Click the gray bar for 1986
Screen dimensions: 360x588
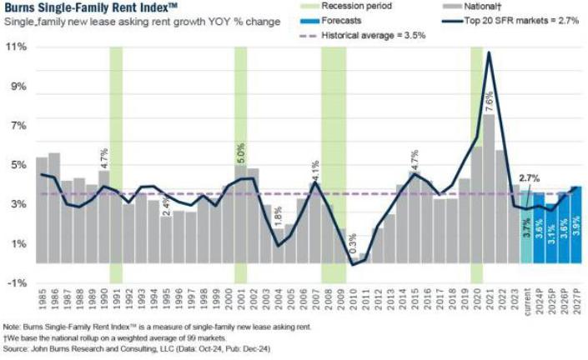54,207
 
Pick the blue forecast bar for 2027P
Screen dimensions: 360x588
575,225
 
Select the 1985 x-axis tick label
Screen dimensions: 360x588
41,299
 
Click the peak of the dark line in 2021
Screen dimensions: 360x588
489,52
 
